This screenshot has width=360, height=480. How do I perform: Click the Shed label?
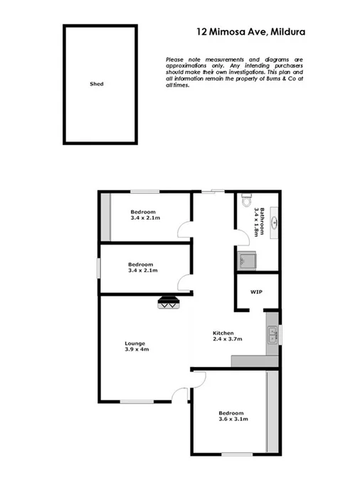(x=97, y=84)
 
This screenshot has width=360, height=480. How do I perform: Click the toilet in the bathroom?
(x=247, y=201)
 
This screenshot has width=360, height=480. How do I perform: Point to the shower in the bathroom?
(x=245, y=260)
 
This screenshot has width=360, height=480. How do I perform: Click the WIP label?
(x=256, y=292)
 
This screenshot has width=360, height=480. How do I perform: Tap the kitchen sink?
(x=272, y=334)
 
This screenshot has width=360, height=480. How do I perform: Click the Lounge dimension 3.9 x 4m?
(x=136, y=349)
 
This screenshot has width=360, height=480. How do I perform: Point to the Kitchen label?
(x=223, y=333)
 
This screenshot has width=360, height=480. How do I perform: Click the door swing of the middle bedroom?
(x=184, y=283)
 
